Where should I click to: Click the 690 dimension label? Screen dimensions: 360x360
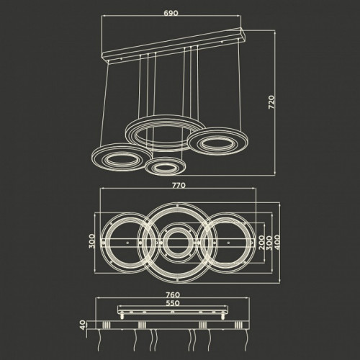coord(171,13)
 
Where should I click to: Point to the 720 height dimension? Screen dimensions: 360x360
coord(271,102)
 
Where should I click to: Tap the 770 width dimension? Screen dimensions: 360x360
coord(179,185)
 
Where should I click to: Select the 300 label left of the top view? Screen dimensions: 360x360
coord(92,241)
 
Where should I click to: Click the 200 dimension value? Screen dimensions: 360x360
coord(262,243)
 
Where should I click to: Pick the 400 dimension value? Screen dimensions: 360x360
coord(277,243)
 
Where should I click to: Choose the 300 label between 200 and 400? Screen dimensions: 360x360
coord(269,243)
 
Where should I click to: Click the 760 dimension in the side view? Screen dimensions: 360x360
coord(173,294)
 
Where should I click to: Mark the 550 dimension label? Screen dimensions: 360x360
coord(173,303)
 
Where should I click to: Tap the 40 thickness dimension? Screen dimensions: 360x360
coord(83,325)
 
